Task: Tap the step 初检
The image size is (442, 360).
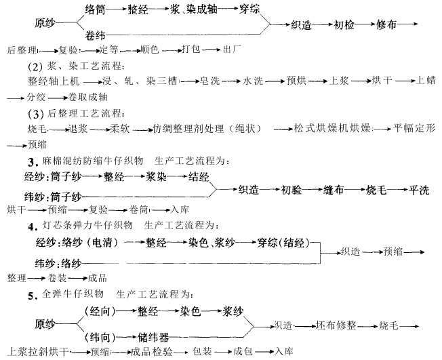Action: [345, 25]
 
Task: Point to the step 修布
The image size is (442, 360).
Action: [387, 25]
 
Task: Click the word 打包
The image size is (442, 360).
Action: [192, 50]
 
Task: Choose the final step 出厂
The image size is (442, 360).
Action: [232, 50]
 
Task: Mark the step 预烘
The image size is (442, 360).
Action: [296, 81]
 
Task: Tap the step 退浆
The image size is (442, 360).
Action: [79, 128]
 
